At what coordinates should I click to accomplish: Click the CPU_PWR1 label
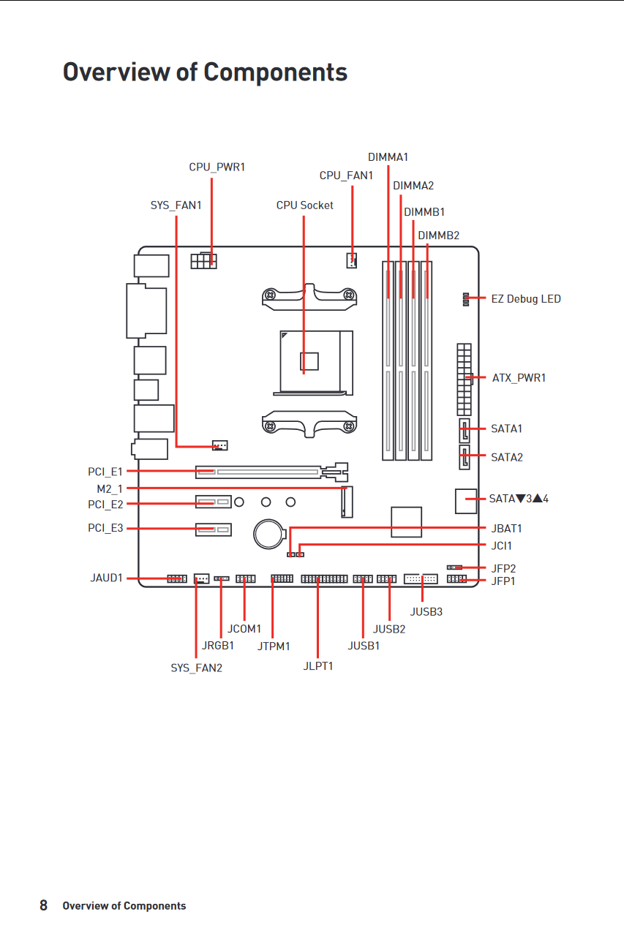pyautogui.click(x=217, y=167)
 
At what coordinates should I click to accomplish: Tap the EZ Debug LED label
pyautogui.click(x=526, y=299)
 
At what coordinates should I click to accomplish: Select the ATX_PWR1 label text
pyautogui.click(x=519, y=378)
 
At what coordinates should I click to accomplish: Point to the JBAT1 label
pyautogui.click(x=506, y=529)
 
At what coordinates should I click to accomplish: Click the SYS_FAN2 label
pyautogui.click(x=197, y=668)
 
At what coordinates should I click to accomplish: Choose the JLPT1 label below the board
pyautogui.click(x=318, y=666)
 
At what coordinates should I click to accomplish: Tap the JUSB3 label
pyautogui.click(x=426, y=612)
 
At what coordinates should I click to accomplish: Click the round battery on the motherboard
pyautogui.click(x=270, y=534)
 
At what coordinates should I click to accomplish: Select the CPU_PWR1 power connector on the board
pyautogui.click(x=203, y=261)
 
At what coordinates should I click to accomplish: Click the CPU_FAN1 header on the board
pyautogui.click(x=351, y=261)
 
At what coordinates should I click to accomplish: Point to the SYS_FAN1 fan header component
pyautogui.click(x=220, y=445)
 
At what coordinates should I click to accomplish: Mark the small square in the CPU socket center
pyautogui.click(x=309, y=361)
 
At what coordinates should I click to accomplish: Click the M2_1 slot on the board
pyautogui.click(x=347, y=502)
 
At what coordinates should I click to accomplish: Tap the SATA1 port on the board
pyautogui.click(x=465, y=431)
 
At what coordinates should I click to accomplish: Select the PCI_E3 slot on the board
pyautogui.click(x=214, y=529)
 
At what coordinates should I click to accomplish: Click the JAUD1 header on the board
pyautogui.click(x=177, y=578)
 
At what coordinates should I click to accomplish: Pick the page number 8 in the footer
pyautogui.click(x=43, y=905)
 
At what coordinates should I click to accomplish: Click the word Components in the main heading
pyautogui.click(x=276, y=72)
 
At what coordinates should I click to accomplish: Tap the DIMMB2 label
pyautogui.click(x=438, y=235)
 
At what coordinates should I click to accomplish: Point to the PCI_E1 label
pyautogui.click(x=105, y=472)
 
